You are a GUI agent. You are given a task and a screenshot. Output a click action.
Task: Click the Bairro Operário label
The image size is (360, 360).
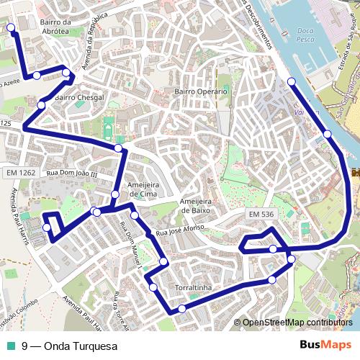tap(201, 91)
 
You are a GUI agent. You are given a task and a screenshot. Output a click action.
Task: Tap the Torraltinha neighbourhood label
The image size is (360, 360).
tap(192, 288)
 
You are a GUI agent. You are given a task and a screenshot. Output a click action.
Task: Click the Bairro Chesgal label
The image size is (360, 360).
tap(79, 97)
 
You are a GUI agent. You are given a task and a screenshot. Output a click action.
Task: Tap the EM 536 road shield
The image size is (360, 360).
tap(262, 215)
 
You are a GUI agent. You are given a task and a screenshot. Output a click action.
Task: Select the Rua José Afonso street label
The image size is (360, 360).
tap(181, 230)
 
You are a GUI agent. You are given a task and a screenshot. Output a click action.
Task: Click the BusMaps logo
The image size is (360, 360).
tap(325, 346)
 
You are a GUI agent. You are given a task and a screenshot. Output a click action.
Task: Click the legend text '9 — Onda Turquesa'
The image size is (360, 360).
tap(69, 346)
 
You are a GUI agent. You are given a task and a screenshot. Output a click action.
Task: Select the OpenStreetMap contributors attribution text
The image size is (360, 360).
tap(297, 323)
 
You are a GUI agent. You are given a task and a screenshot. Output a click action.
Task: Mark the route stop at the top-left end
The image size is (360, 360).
tap(11, 28)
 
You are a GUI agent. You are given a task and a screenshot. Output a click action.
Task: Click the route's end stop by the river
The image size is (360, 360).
tap(292, 81)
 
